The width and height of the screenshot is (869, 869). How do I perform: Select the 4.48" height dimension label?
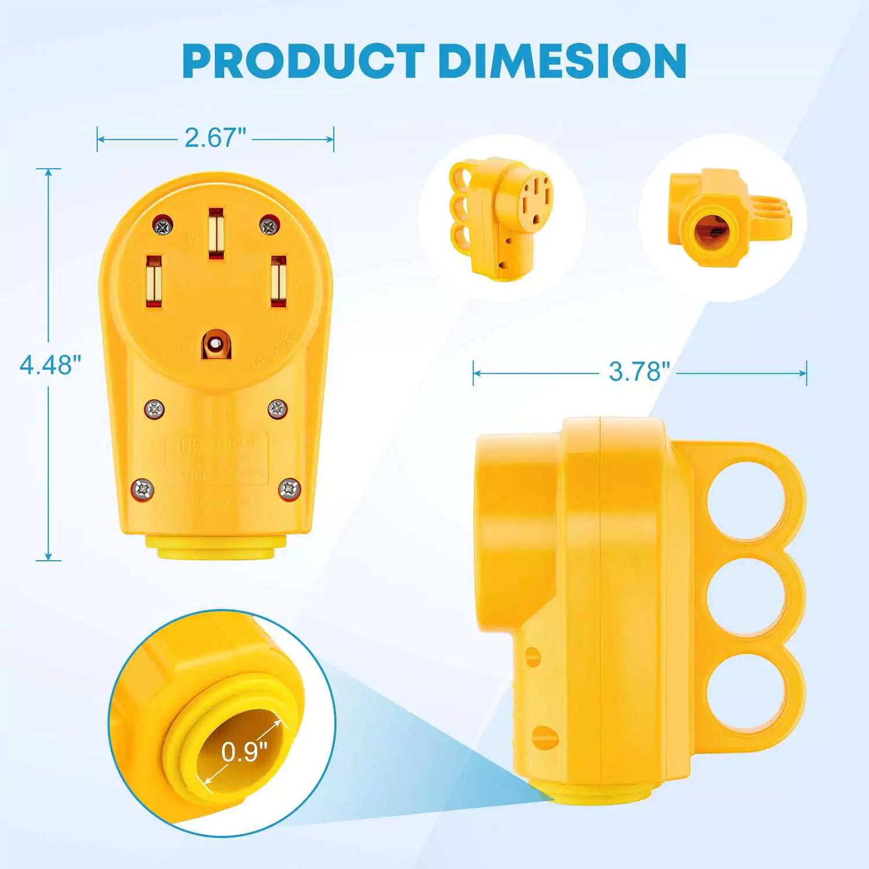point(50,365)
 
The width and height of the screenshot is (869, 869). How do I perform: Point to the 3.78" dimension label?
point(638,371)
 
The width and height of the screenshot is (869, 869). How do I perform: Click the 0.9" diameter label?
point(244,751)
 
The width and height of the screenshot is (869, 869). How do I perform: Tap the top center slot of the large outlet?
point(216,233)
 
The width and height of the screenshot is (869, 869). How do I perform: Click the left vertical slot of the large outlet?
point(154,281)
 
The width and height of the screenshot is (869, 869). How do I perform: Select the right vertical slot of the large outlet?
point(279,281)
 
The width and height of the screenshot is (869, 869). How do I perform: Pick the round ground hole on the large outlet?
point(216,345)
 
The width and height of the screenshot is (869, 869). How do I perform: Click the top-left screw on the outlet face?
point(163,225)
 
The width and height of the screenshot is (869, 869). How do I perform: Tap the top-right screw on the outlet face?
point(269,225)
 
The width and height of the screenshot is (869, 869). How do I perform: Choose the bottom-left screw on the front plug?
point(142,490)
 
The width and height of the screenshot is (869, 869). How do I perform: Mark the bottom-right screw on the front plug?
point(290,490)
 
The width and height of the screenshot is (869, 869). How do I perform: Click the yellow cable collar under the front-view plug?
point(216,546)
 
